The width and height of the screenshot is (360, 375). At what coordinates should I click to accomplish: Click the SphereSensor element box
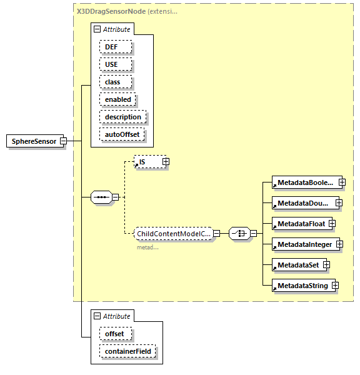click(x=34, y=141)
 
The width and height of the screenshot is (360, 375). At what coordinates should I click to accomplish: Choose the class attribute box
click(x=112, y=82)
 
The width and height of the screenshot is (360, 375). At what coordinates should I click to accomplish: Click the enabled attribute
click(x=117, y=99)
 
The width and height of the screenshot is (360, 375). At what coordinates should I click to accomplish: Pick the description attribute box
click(x=122, y=117)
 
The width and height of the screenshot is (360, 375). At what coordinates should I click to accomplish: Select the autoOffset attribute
click(x=122, y=134)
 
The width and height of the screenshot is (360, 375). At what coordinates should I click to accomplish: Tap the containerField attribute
click(x=127, y=352)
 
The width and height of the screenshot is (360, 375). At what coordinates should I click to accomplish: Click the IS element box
click(x=147, y=162)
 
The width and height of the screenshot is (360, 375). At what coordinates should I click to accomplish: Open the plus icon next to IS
click(x=166, y=162)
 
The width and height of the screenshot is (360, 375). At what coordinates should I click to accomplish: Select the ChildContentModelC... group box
click(x=173, y=233)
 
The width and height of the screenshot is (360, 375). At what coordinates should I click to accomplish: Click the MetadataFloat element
click(x=300, y=224)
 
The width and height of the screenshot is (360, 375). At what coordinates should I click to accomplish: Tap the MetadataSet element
click(x=297, y=265)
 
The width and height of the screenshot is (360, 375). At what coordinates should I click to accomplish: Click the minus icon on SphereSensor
click(x=64, y=141)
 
